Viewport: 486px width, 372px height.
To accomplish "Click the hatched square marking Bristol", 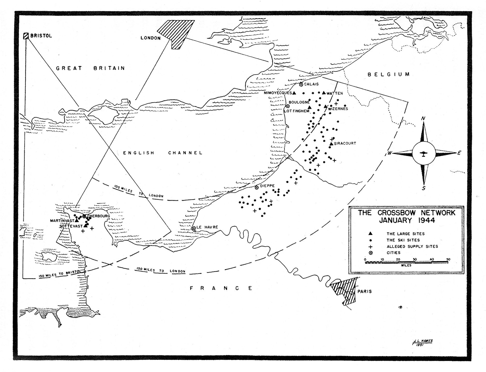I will tap(26, 36).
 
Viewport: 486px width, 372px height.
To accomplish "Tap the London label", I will tap(150, 38).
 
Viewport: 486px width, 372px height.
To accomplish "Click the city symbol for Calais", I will tap(301, 84).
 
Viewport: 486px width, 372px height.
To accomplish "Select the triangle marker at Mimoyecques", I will tap(294, 93).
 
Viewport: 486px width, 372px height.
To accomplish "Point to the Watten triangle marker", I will tap(324, 93).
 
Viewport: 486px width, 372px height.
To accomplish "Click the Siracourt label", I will tap(345, 143).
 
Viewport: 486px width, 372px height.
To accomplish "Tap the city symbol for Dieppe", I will tap(257, 188).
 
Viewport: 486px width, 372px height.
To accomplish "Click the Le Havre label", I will tap(207, 227).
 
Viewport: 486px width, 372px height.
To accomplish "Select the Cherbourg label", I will tap(99, 216).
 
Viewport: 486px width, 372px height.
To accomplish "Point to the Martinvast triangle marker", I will tap(76, 221).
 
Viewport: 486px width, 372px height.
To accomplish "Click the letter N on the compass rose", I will tap(423, 119).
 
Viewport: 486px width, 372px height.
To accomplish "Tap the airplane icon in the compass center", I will tap(423, 154).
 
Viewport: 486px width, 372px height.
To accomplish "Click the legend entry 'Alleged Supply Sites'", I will tap(412, 246).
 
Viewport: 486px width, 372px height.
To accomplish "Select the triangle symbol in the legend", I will tap(371, 234).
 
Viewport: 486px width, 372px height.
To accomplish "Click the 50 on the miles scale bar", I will tap(448, 259).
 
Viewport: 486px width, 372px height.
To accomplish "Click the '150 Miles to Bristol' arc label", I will tap(59, 274).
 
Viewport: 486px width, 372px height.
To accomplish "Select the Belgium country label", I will tap(389, 75).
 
